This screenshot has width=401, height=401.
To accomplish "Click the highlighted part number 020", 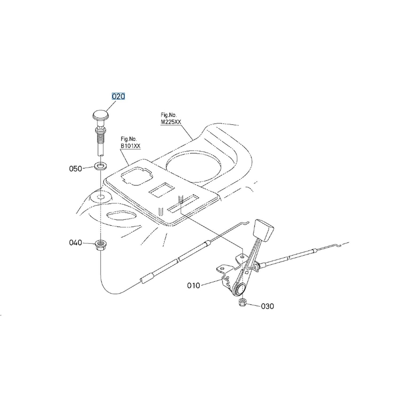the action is [118, 96].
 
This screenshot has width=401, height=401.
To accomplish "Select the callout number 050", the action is [76, 169].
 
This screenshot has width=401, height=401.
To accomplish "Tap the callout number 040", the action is [76, 242].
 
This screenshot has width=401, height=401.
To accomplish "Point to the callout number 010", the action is [194, 286].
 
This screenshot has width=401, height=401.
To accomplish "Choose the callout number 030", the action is [268, 306].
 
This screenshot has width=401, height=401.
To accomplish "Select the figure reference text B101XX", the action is [130, 146].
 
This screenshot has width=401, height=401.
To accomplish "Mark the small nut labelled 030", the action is [242, 303].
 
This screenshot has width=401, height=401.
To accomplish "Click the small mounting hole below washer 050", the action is [101, 197].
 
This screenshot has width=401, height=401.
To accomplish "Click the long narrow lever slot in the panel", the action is [184, 204].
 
